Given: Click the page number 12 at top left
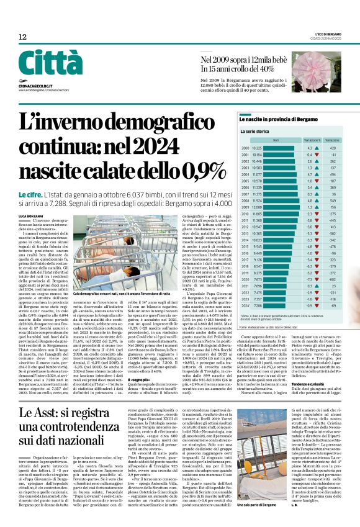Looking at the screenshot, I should coord(22,37).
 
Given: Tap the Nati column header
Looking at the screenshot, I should coord(258,140).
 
